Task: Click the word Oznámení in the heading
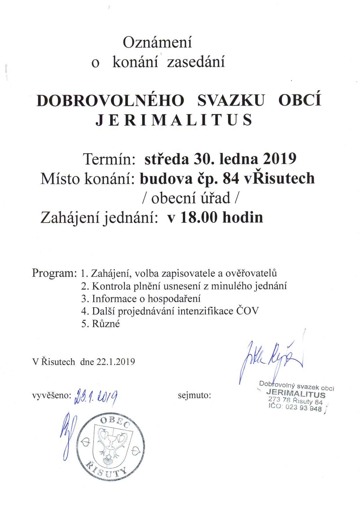pyautogui.click(x=157, y=42)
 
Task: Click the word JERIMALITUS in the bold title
pyautogui.click(x=174, y=120)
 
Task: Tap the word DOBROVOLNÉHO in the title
pyautogui.click(x=110, y=101)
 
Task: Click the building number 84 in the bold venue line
pyautogui.click(x=231, y=178)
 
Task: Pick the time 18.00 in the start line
pyautogui.click(x=199, y=218)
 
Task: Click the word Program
pyautogui.click(x=54, y=273)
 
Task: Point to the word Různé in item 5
pyautogui.click(x=106, y=324)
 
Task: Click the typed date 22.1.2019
pyautogui.click(x=116, y=362)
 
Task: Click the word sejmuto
pyautogui.click(x=194, y=395)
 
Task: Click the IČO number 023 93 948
pyautogui.click(x=303, y=408)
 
